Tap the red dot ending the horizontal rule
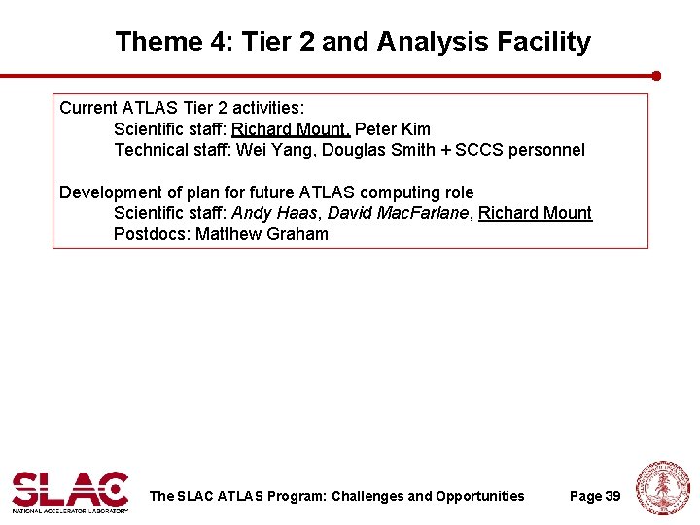click(656, 75)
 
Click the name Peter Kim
click(393, 129)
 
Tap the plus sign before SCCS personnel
click(445, 150)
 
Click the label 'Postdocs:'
click(152, 234)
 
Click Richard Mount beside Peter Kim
click(290, 129)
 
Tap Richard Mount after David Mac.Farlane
click(535, 214)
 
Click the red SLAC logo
click(69, 490)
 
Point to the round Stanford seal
click(662, 488)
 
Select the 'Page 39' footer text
click(594, 497)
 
